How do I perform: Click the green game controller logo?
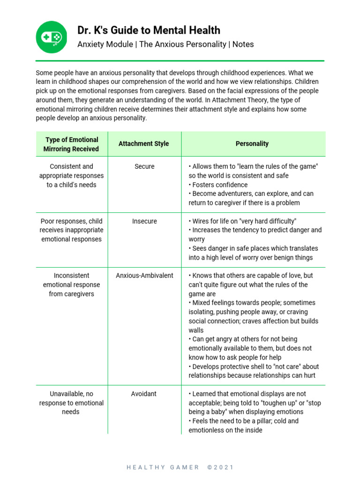click(52, 37)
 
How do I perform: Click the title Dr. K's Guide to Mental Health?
click(149, 30)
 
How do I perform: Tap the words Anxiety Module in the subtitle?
click(104, 45)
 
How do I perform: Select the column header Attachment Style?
click(144, 144)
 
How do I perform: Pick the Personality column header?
click(252, 144)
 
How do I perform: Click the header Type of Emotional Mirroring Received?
click(71, 144)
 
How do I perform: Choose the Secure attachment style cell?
click(144, 166)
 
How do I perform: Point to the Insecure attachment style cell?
click(144, 221)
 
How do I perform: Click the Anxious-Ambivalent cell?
click(144, 276)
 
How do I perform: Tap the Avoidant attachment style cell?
click(144, 394)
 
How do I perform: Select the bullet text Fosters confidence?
click(220, 185)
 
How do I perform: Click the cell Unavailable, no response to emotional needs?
click(71, 403)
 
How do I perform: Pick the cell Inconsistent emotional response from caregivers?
click(71, 285)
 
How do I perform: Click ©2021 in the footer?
click(220, 467)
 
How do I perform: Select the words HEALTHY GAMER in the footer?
click(163, 467)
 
